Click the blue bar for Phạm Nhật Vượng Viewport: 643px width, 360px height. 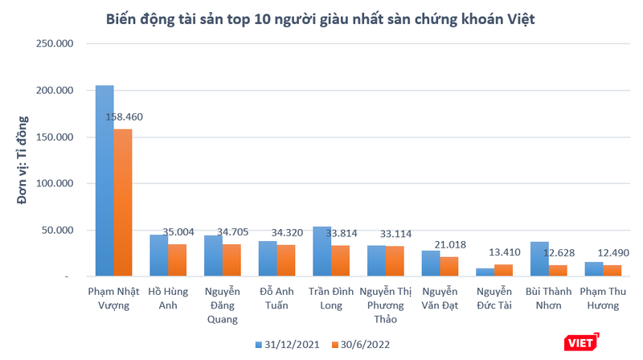click(x=104, y=181)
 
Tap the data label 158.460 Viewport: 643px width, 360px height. click(x=125, y=117)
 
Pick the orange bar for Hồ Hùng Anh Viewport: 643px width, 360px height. click(x=178, y=260)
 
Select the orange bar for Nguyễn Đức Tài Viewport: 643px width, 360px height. click(x=503, y=270)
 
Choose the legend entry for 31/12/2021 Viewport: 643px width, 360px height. click(x=289, y=344)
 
